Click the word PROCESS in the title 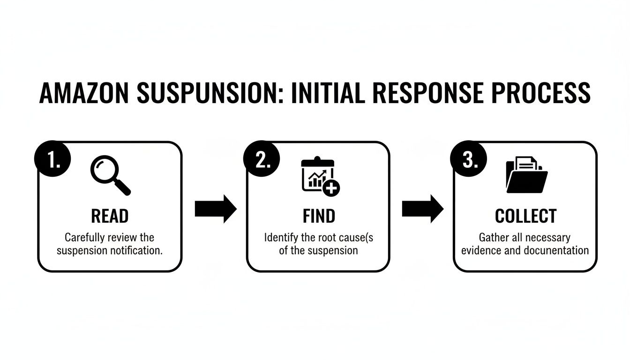pyautogui.click(x=544, y=93)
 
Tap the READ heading pyautogui.click(x=110, y=216)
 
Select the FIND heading pyautogui.click(x=319, y=216)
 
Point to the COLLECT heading pyautogui.click(x=525, y=216)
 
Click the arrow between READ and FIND pyautogui.click(x=216, y=209)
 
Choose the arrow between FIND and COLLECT pyautogui.click(x=423, y=209)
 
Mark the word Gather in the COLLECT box pyautogui.click(x=494, y=237)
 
